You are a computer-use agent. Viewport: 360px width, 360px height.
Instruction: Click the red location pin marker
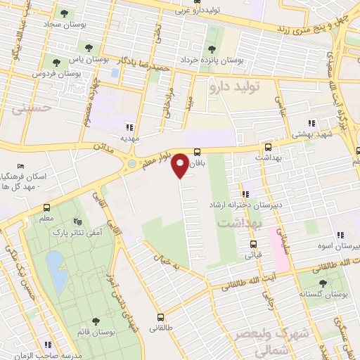(181, 165)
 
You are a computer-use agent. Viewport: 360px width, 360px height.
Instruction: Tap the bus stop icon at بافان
(198, 151)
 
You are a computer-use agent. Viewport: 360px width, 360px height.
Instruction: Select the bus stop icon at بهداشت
(268, 147)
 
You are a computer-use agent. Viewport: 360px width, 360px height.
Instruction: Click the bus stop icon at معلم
(46, 207)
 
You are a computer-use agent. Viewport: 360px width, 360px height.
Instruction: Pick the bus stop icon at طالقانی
(160, 317)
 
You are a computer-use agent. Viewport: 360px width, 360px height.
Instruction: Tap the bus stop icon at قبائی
(255, 245)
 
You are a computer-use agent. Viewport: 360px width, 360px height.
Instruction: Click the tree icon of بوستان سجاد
(65, 13)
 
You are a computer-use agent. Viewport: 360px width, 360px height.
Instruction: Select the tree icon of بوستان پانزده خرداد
(212, 49)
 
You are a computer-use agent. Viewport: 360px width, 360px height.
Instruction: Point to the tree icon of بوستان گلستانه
(323, 283)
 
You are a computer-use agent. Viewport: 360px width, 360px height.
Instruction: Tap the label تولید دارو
(235, 87)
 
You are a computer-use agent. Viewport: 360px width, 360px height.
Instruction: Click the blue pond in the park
(57, 270)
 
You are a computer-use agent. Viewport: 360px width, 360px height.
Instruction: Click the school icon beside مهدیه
(129, 127)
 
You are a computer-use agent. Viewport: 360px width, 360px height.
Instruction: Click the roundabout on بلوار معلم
(131, 165)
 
